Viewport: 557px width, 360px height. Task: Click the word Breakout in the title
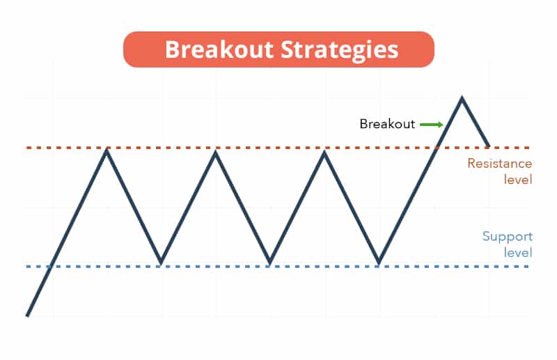(x=219, y=49)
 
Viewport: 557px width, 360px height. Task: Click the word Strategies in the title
(x=340, y=50)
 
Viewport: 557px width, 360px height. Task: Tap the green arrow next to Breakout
(x=432, y=125)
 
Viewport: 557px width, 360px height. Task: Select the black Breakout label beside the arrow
(x=387, y=124)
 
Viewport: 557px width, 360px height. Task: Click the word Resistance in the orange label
(x=499, y=164)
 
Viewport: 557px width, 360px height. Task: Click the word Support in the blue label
(x=508, y=236)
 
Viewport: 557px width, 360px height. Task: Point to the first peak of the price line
(x=107, y=150)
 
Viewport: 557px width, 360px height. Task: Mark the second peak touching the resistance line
(x=215, y=151)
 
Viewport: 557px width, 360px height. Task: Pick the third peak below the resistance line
(x=324, y=151)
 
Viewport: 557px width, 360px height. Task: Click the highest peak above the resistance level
(x=462, y=97)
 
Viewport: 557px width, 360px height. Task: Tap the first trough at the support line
(x=161, y=263)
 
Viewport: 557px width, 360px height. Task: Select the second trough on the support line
(x=270, y=263)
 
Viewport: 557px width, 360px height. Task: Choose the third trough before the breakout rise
(x=379, y=263)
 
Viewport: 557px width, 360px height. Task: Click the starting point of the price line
(x=27, y=315)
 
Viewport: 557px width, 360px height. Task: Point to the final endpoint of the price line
(x=489, y=146)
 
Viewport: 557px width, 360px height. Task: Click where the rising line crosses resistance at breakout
(x=437, y=147)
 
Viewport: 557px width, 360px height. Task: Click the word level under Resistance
(x=518, y=180)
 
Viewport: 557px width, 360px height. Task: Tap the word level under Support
(x=518, y=253)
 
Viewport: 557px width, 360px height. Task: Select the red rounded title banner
(x=279, y=49)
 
